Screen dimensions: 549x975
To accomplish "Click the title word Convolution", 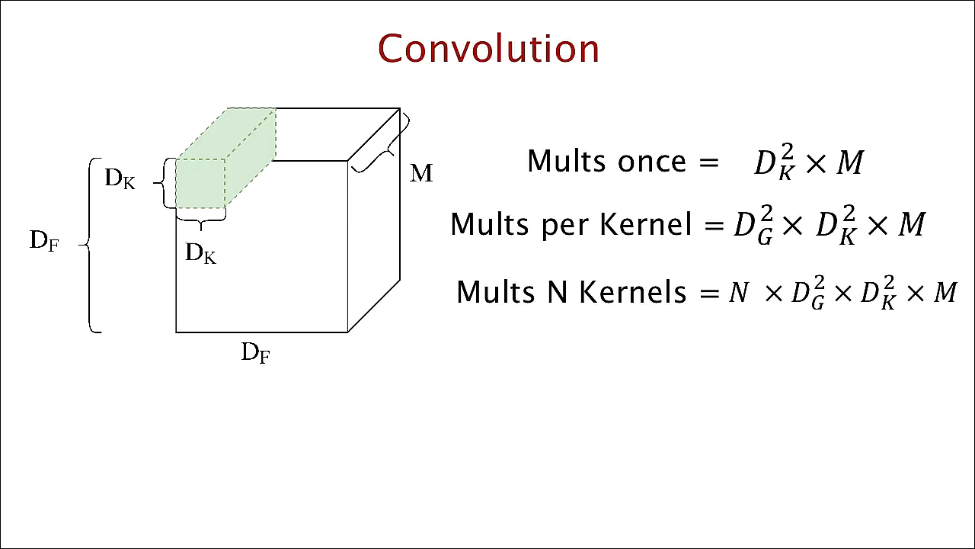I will point(488,48).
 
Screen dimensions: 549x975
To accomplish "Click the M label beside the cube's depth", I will point(421,173).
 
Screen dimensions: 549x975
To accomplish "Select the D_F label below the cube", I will point(256,352).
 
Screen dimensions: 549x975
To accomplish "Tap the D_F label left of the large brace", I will point(44,241).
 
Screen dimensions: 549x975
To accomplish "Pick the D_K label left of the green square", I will point(120,179).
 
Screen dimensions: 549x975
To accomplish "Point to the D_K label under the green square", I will point(201,253).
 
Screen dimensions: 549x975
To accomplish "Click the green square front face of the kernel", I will point(200,183).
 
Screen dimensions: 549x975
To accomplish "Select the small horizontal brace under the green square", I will point(200,221).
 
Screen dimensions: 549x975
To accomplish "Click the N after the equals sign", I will point(737,292).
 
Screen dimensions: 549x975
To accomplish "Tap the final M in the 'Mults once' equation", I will point(850,162).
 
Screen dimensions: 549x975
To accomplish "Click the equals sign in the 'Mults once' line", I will point(708,162).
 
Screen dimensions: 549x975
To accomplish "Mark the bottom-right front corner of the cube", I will point(348,332).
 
